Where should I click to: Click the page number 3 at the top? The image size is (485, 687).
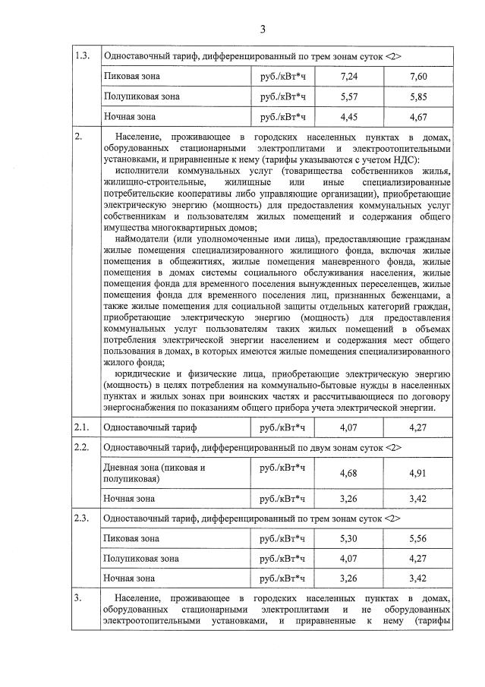tap(263, 30)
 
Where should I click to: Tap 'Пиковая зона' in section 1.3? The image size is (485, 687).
tap(130, 77)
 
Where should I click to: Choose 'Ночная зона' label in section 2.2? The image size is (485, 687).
tap(128, 499)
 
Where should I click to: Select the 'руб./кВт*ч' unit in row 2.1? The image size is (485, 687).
tap(282, 427)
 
